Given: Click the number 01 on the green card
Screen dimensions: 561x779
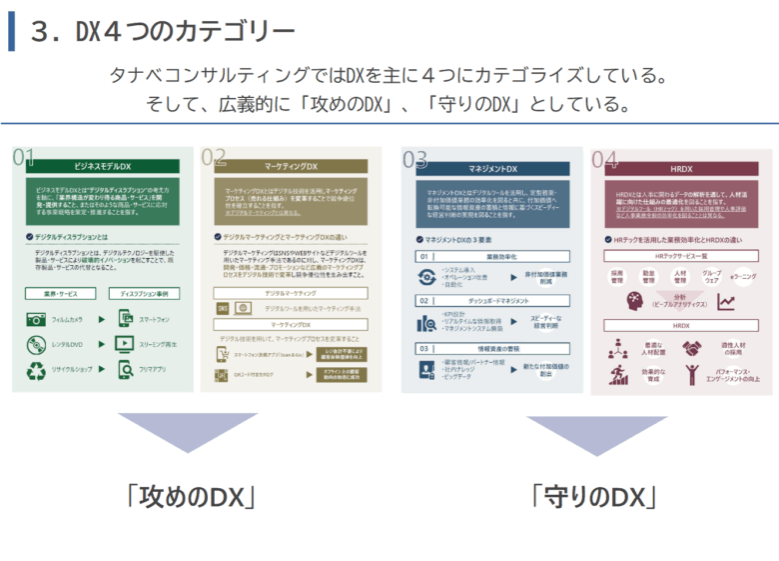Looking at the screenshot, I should (25, 158).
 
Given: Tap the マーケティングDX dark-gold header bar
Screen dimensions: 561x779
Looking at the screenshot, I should (292, 166).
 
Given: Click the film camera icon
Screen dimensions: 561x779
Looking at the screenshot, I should (36, 320).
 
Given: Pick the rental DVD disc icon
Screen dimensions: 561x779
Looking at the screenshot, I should (36, 345).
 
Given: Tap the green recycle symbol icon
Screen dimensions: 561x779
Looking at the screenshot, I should (36, 371).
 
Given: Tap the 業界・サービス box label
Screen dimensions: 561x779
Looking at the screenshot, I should (62, 295).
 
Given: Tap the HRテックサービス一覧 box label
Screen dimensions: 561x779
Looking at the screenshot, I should (681, 257).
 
